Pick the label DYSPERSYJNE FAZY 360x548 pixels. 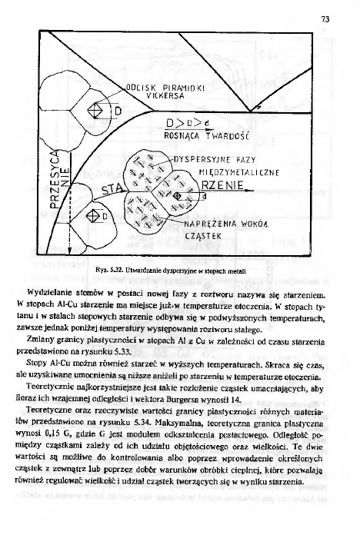pyautogui.click(x=212, y=161)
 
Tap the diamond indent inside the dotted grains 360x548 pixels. pyautogui.click(x=177, y=196)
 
